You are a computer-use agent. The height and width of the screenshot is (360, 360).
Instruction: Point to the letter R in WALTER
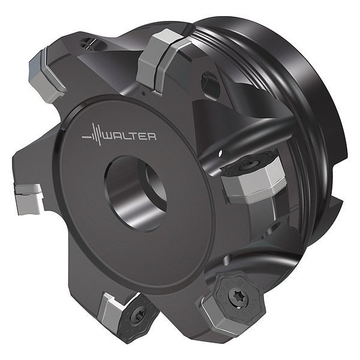coord(152,136)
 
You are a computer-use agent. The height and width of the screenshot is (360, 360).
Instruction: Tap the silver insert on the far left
coord(29,199)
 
